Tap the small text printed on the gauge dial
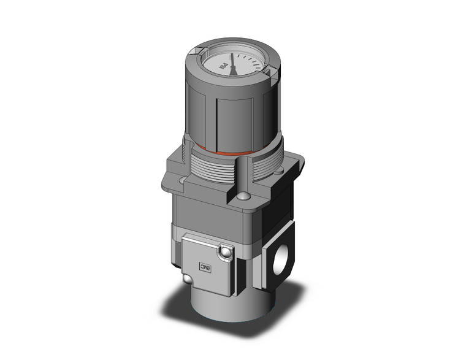pyautogui.click(x=224, y=64)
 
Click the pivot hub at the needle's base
pyautogui.click(x=234, y=66)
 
